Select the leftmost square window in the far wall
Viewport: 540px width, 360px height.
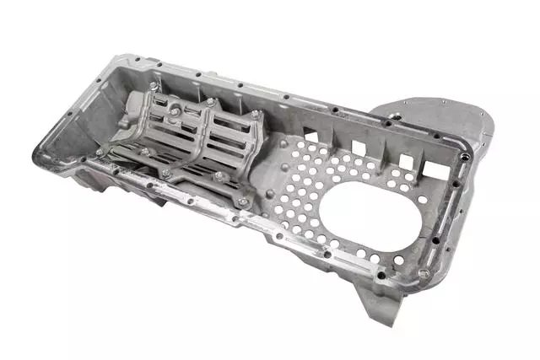point(310,134)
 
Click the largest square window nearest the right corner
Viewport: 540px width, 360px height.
point(436,170)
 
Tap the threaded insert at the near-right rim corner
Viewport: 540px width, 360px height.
point(424,274)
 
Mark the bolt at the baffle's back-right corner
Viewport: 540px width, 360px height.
point(255,113)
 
